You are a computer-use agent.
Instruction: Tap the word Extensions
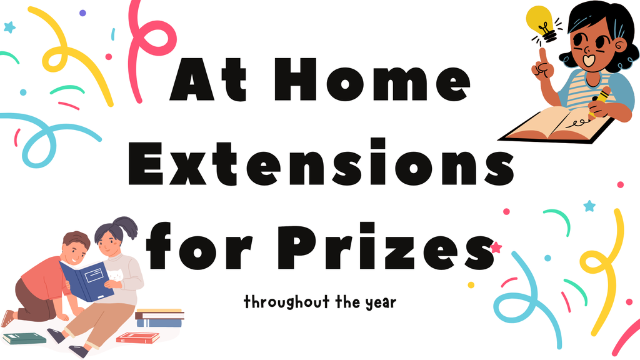[x=319, y=164]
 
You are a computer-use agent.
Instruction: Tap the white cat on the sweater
[x=116, y=275]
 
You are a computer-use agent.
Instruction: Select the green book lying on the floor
[x=24, y=337]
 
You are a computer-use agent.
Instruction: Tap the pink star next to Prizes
[x=496, y=247]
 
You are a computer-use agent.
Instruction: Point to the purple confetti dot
[x=82, y=12]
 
